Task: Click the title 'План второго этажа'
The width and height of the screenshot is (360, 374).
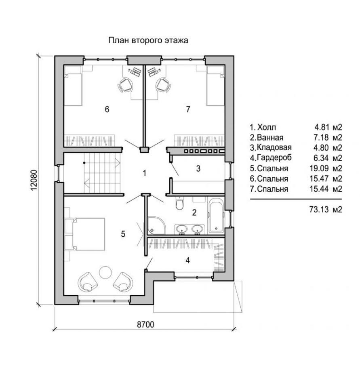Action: (x=148, y=40)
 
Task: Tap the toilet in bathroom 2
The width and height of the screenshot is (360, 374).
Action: (x=179, y=203)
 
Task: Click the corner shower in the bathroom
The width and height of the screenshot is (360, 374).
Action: (x=156, y=225)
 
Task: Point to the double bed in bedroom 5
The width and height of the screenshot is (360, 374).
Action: (x=88, y=234)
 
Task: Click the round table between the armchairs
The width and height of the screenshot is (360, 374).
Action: (x=105, y=272)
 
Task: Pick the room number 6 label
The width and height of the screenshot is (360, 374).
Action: (x=107, y=109)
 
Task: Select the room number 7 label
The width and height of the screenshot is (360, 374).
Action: (x=188, y=109)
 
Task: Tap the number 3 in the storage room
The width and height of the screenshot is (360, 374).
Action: (x=198, y=168)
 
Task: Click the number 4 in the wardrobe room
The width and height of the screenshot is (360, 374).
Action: (x=188, y=260)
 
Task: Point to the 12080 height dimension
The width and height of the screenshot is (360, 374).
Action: (x=34, y=180)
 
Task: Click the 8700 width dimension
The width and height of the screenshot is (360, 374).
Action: (x=145, y=324)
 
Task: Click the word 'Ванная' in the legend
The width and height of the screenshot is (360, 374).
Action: (x=271, y=137)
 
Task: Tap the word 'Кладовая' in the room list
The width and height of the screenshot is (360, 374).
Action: (x=274, y=147)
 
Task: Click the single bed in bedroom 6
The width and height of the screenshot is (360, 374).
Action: (x=73, y=86)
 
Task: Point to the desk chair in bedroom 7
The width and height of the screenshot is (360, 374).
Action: (x=164, y=85)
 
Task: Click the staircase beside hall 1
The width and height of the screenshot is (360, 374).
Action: (x=102, y=173)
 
